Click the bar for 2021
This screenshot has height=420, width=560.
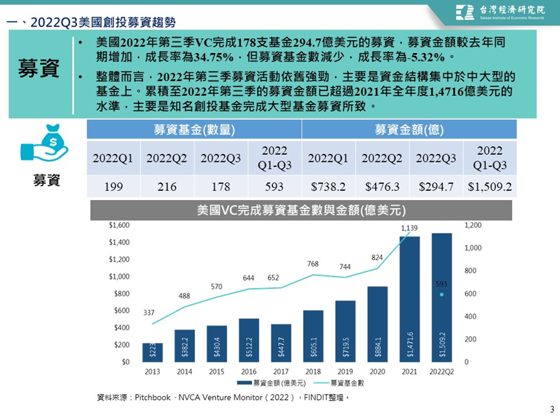click(x=410, y=299)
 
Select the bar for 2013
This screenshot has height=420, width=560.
click(x=153, y=353)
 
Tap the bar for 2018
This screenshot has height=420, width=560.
click(x=313, y=336)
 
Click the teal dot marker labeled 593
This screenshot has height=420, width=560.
click(x=442, y=294)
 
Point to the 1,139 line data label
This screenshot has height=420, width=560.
click(x=409, y=228)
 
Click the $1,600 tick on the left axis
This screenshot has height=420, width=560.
click(x=119, y=225)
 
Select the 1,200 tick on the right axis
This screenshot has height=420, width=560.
click(x=473, y=225)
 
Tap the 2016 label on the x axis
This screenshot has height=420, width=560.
click(x=249, y=371)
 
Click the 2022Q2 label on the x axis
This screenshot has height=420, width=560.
click(x=442, y=371)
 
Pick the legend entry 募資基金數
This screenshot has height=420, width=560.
click(x=339, y=383)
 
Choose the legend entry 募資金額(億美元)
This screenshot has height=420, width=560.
click(x=271, y=383)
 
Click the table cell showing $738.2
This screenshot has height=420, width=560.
click(x=328, y=186)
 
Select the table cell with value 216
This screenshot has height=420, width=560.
click(x=167, y=186)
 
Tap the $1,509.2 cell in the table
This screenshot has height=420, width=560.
click(x=489, y=186)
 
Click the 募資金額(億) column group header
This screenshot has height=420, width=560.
click(x=409, y=129)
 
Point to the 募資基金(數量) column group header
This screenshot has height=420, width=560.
click(x=194, y=129)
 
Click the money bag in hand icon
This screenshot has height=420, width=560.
click(x=45, y=142)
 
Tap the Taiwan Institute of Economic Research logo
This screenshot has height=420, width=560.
click(x=500, y=12)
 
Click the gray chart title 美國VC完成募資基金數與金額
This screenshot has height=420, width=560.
click(x=301, y=210)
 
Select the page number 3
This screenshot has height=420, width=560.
click(x=552, y=409)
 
